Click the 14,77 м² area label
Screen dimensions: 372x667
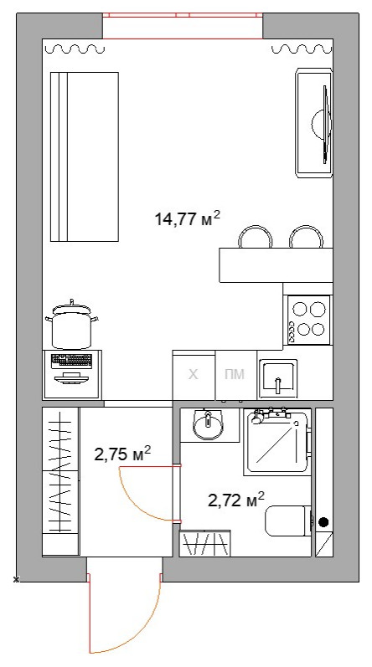click(x=188, y=218)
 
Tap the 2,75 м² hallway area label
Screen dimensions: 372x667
click(x=122, y=454)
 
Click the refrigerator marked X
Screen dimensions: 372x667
click(x=194, y=375)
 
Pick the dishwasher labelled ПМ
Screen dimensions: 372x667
click(x=235, y=375)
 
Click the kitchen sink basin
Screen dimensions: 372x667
click(x=277, y=376)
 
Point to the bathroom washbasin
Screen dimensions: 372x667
click(x=208, y=424)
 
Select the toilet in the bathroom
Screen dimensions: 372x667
click(x=288, y=521)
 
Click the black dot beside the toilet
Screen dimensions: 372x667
click(x=323, y=522)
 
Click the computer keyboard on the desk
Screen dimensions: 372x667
click(x=71, y=361)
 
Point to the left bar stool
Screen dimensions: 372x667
click(x=256, y=237)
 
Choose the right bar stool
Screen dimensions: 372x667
click(x=306, y=237)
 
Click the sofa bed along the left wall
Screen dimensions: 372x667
click(x=85, y=156)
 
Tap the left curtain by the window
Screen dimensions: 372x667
click(x=75, y=49)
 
